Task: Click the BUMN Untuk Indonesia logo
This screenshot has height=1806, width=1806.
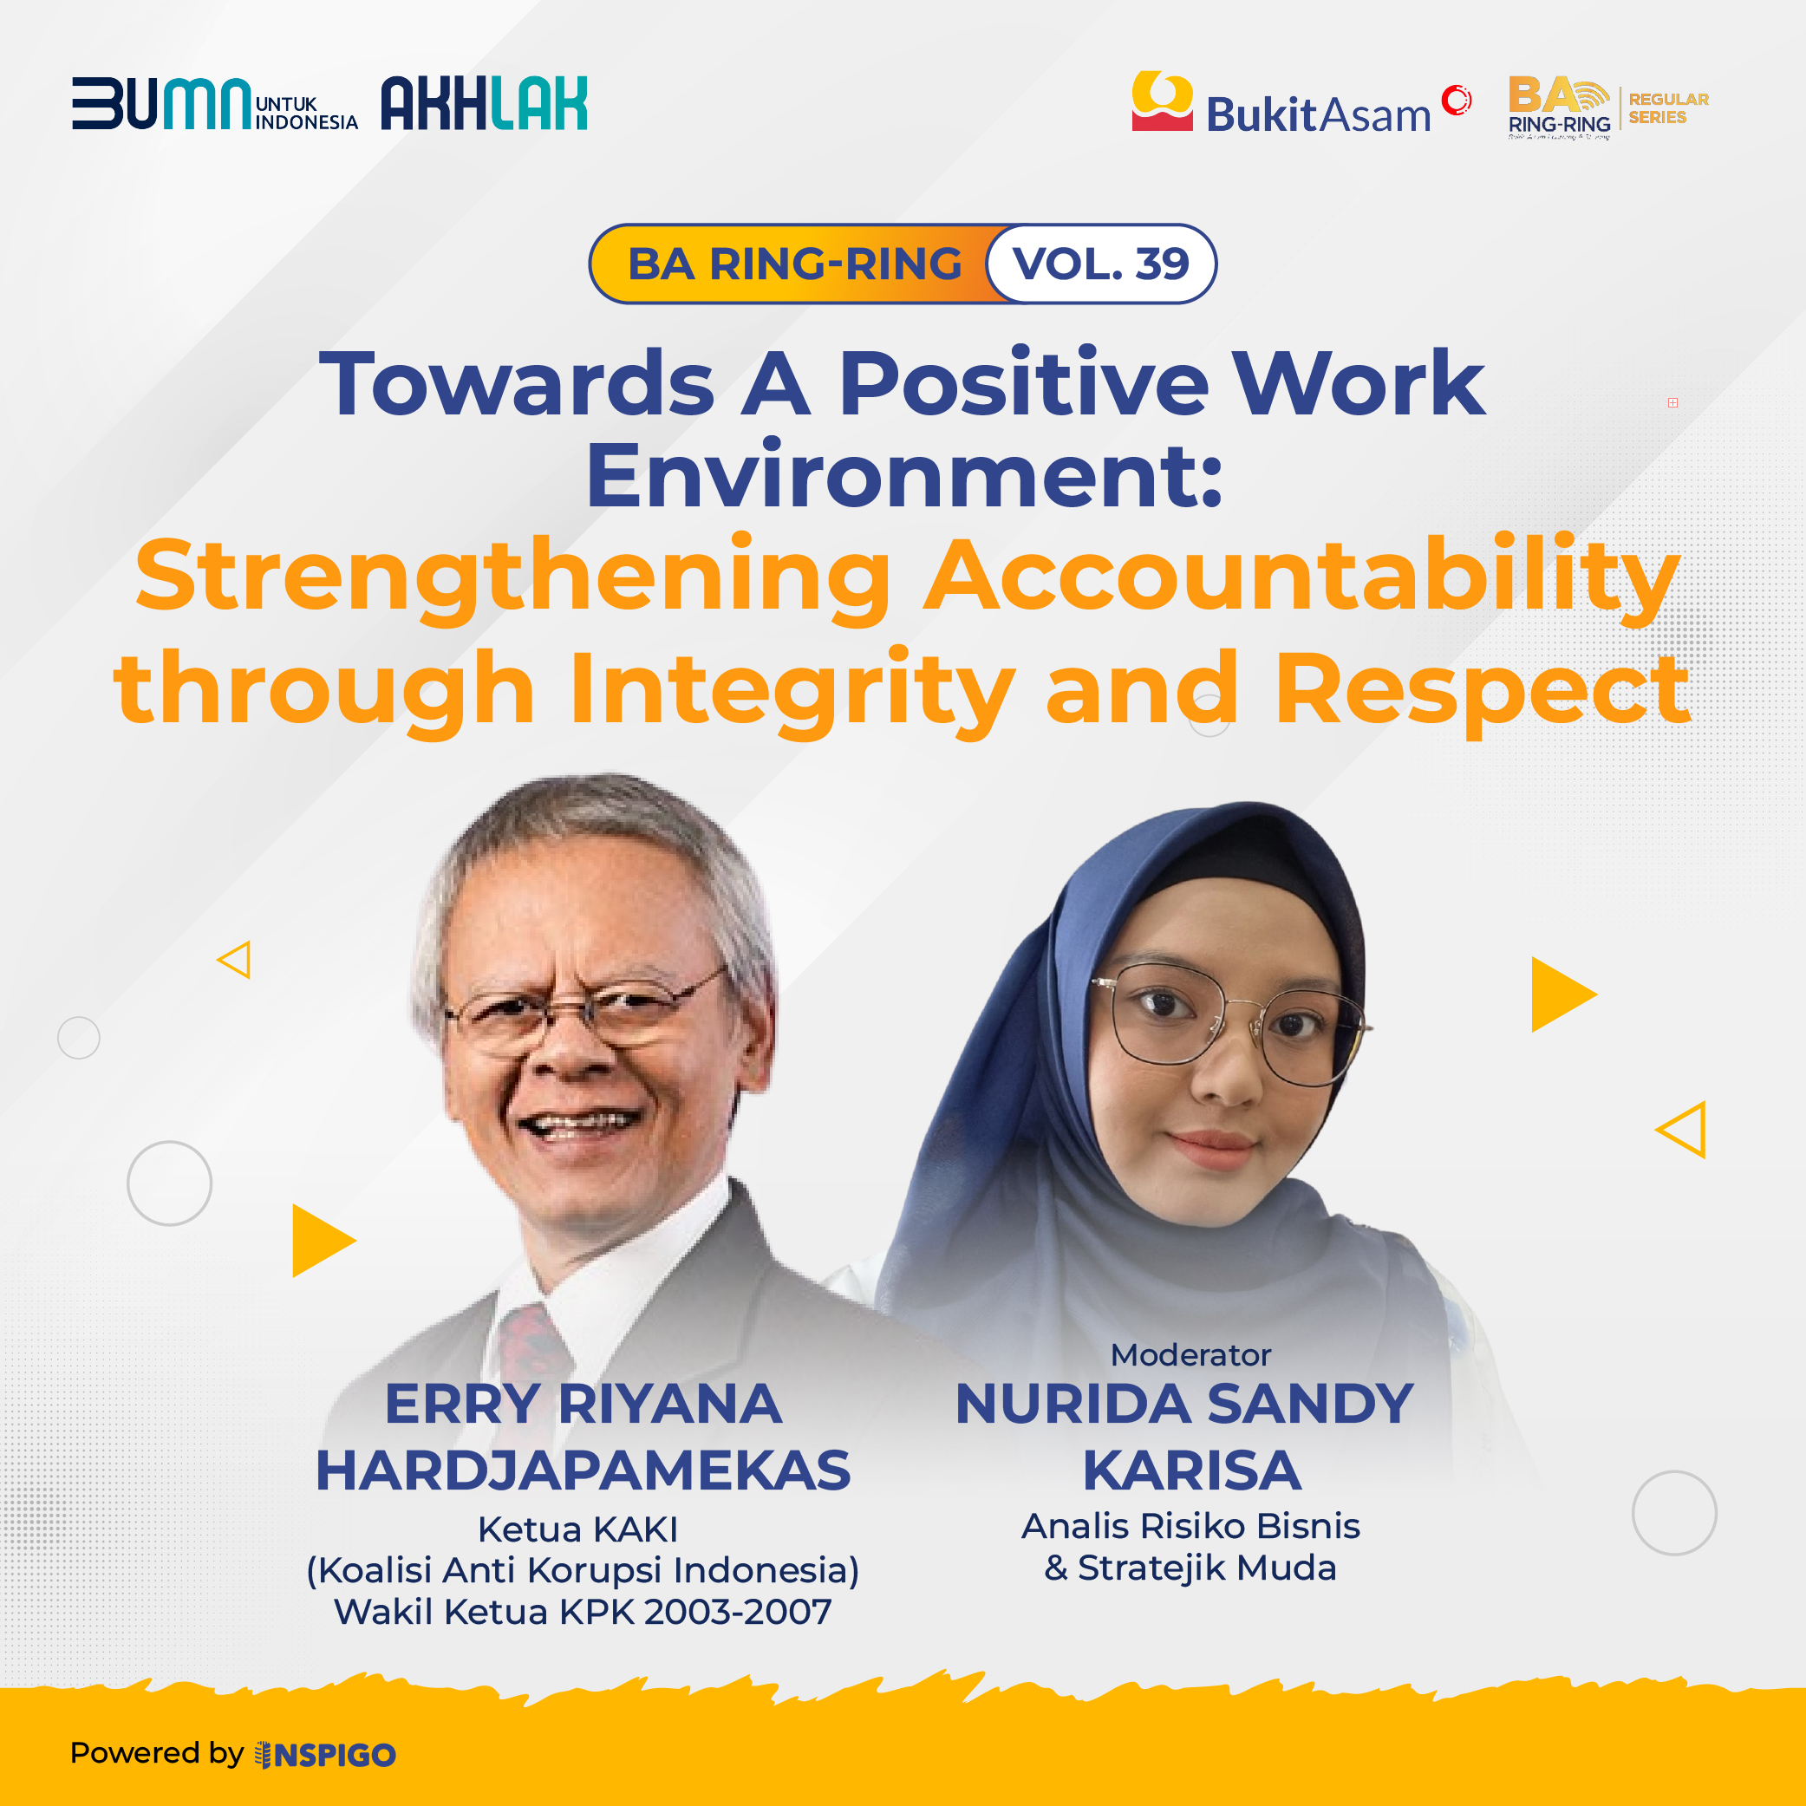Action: (215, 103)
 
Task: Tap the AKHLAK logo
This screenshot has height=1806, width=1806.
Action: (484, 103)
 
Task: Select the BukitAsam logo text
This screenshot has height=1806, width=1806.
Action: (1318, 115)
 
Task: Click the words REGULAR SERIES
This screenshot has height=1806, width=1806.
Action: (1669, 108)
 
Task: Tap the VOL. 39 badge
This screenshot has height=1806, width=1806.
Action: (1101, 264)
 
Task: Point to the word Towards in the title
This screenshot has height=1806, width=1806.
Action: (517, 383)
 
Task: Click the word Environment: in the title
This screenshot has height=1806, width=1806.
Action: (904, 475)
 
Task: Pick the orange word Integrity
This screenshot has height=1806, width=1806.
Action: (792, 691)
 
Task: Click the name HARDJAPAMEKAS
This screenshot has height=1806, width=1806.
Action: (584, 1470)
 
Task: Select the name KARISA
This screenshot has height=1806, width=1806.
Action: (1192, 1470)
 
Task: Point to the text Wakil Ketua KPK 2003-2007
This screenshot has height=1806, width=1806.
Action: (584, 1612)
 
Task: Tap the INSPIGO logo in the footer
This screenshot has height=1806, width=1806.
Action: (325, 1755)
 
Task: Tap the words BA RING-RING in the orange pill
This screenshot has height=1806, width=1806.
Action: (794, 264)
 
